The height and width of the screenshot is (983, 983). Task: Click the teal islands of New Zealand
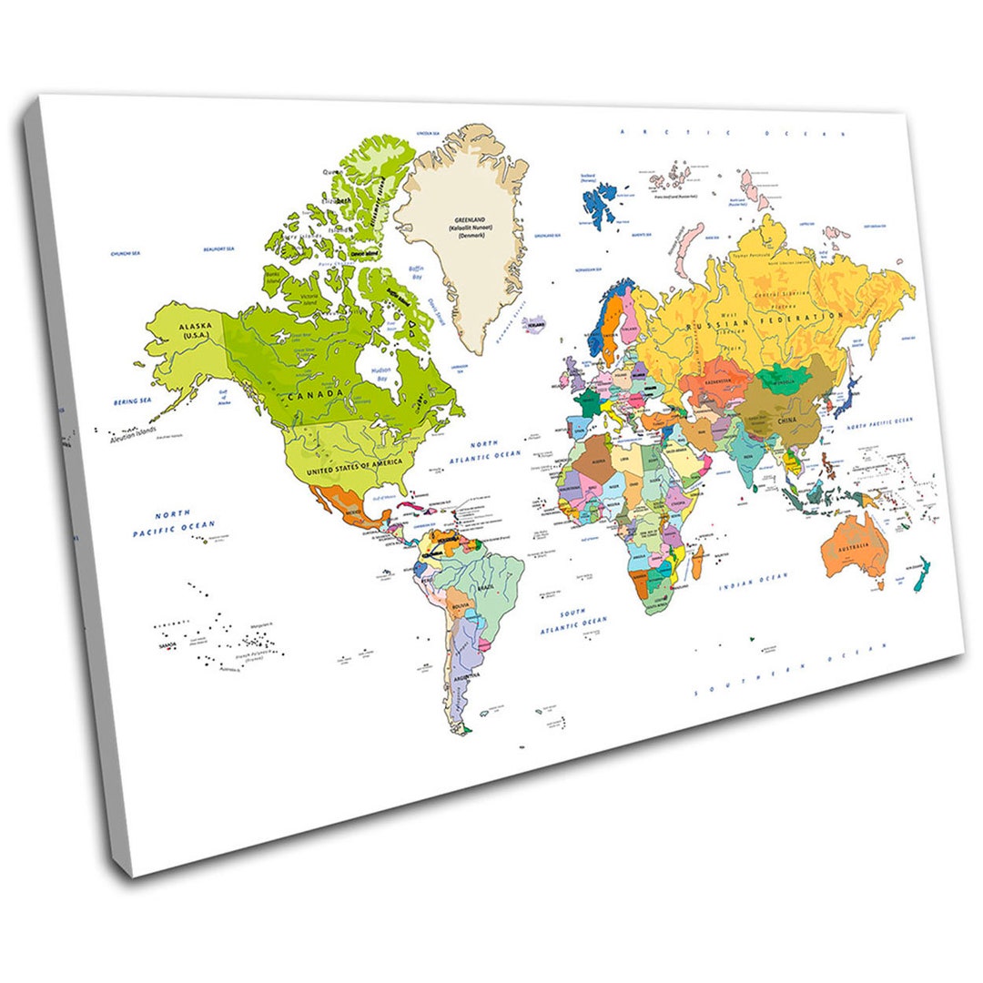pyautogui.click(x=920, y=573)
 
